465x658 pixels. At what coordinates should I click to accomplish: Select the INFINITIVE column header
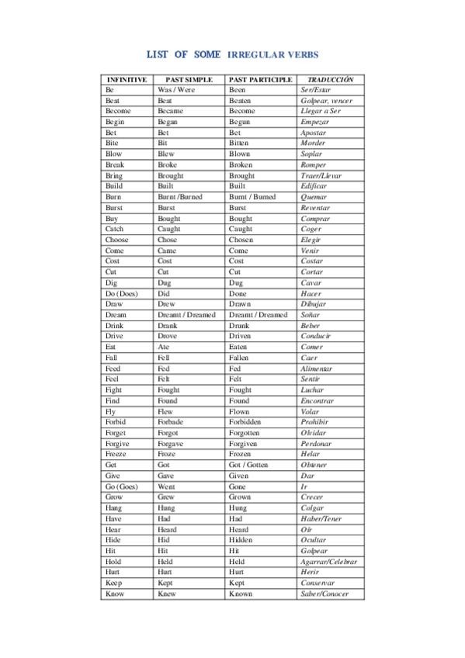click(x=127, y=79)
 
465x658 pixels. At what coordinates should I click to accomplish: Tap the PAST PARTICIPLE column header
click(x=261, y=79)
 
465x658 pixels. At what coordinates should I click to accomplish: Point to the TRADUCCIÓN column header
click(x=330, y=79)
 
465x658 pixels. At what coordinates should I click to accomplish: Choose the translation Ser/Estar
click(x=315, y=90)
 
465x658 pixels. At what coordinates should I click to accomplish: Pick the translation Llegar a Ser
click(x=321, y=111)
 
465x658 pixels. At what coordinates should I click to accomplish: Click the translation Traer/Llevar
click(x=321, y=176)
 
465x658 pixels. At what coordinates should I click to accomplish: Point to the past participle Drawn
click(x=241, y=305)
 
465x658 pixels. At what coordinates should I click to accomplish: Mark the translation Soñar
click(x=310, y=316)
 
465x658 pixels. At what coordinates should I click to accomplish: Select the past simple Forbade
click(x=171, y=423)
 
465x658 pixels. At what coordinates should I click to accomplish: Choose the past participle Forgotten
click(x=245, y=433)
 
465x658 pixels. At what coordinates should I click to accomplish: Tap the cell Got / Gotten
click(x=248, y=466)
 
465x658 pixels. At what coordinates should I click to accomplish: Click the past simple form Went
click(x=166, y=487)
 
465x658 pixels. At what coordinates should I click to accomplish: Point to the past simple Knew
click(x=167, y=594)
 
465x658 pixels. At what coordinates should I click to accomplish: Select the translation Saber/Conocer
click(x=324, y=594)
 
